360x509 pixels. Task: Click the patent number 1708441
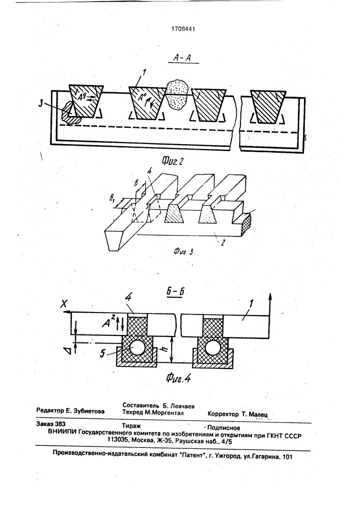[x=183, y=29]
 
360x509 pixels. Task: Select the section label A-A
[x=182, y=58]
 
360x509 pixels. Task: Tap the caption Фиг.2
[x=173, y=160]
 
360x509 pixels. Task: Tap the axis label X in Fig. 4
[x=64, y=304]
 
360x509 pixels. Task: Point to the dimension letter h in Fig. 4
[x=165, y=350]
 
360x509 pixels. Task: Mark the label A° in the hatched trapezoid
[x=142, y=97]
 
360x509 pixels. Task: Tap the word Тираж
[x=131, y=426]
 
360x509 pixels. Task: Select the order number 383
[x=61, y=424]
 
